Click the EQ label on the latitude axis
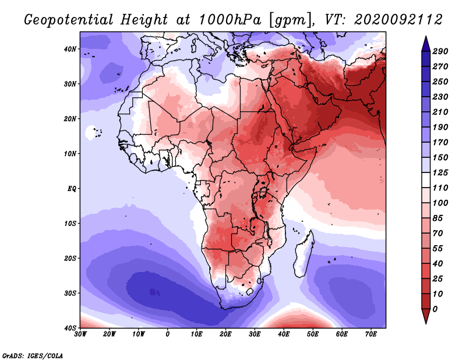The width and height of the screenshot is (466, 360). [x=72, y=189]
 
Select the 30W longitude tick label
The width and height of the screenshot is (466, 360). [x=80, y=334]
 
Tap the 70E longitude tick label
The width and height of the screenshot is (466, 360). [x=371, y=334]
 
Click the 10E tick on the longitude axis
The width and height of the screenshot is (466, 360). [x=196, y=334]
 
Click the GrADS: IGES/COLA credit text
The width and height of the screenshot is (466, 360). [x=33, y=355]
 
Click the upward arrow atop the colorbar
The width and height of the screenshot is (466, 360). [x=425, y=41]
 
